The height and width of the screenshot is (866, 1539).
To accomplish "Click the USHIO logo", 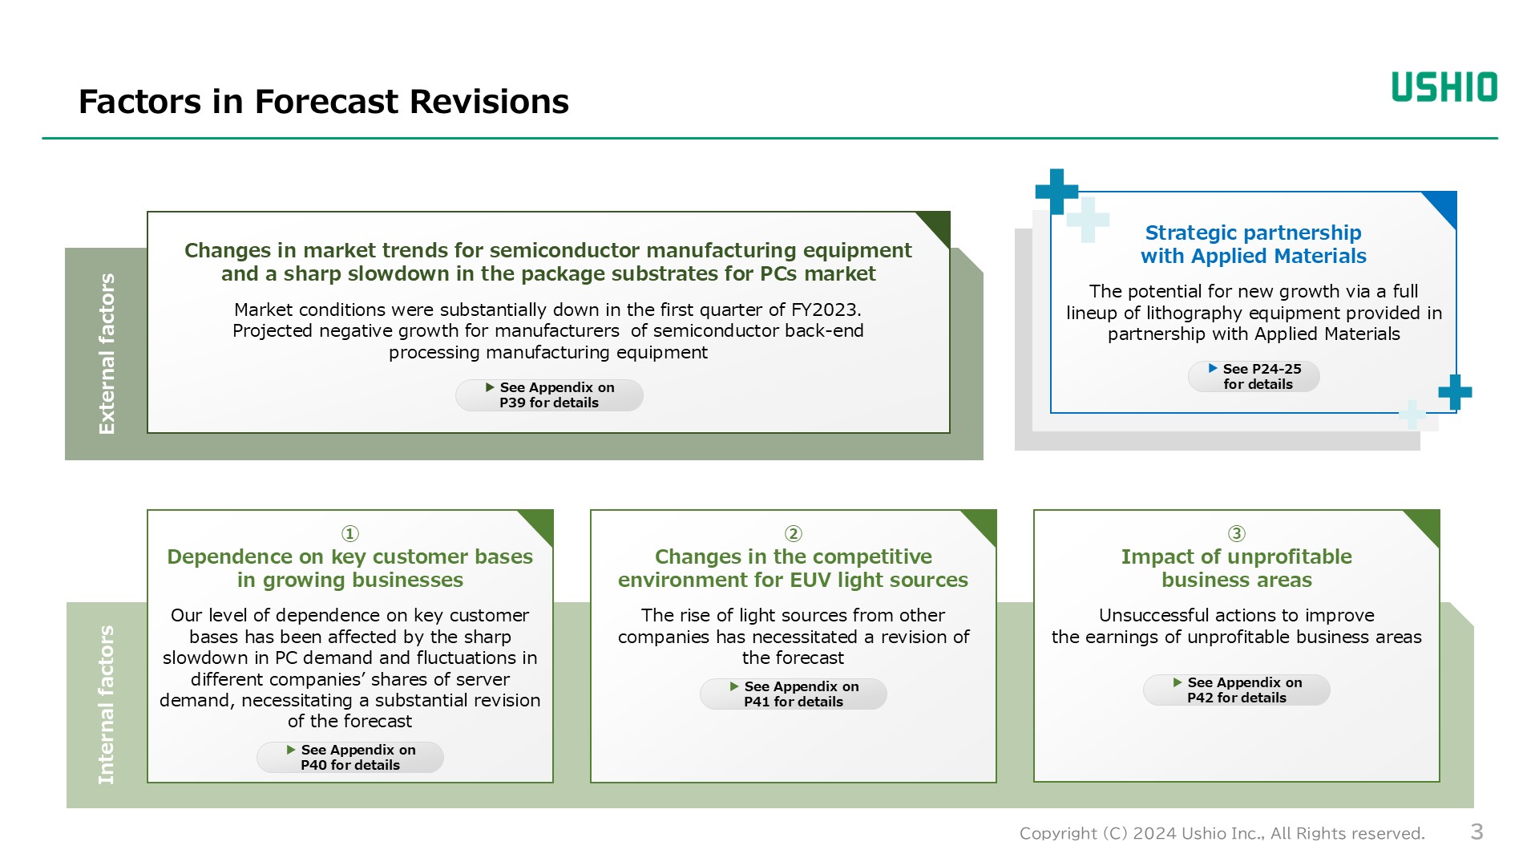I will [x=1444, y=87].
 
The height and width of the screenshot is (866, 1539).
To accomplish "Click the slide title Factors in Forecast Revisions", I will [x=323, y=102].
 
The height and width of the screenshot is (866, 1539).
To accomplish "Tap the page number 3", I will [x=1476, y=832].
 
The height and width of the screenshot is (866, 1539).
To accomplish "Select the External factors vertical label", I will [x=107, y=354].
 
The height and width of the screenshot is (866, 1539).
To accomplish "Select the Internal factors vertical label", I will [x=106, y=704].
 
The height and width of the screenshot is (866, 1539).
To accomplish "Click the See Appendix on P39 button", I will [x=549, y=395].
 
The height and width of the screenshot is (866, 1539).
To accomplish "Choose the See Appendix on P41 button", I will [x=793, y=694].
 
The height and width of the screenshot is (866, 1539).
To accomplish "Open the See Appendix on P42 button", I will [x=1236, y=690].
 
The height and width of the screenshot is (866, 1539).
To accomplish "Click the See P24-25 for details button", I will [x=1254, y=377].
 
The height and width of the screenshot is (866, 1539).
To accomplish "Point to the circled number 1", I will [x=350, y=534].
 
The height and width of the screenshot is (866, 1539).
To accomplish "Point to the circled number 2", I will [x=793, y=534].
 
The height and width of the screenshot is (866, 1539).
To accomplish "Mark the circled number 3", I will [x=1236, y=534].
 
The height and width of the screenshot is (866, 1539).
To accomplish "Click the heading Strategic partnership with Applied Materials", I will [x=1253, y=245].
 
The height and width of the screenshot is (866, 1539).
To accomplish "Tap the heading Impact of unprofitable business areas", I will [x=1236, y=569].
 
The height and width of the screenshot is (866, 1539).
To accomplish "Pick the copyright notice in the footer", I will [x=1222, y=833].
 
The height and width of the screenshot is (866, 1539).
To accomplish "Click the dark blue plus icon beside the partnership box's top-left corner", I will [x=1056, y=191].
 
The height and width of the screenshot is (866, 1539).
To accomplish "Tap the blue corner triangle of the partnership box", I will [x=1444, y=205].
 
